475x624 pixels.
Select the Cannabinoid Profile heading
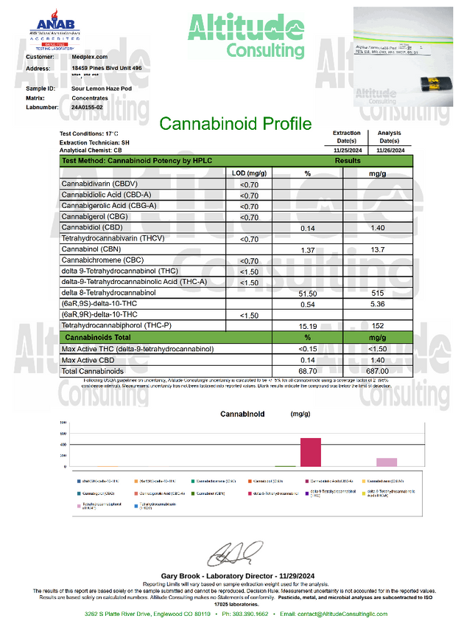236,123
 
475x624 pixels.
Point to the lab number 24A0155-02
88,107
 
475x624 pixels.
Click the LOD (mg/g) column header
249,172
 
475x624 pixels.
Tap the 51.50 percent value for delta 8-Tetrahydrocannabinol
307,293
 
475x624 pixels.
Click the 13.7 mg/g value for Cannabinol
378,251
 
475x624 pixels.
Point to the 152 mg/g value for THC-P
378,325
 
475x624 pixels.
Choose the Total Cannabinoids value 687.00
378,370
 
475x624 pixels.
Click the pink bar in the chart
387,462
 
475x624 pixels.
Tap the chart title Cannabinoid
242,415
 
